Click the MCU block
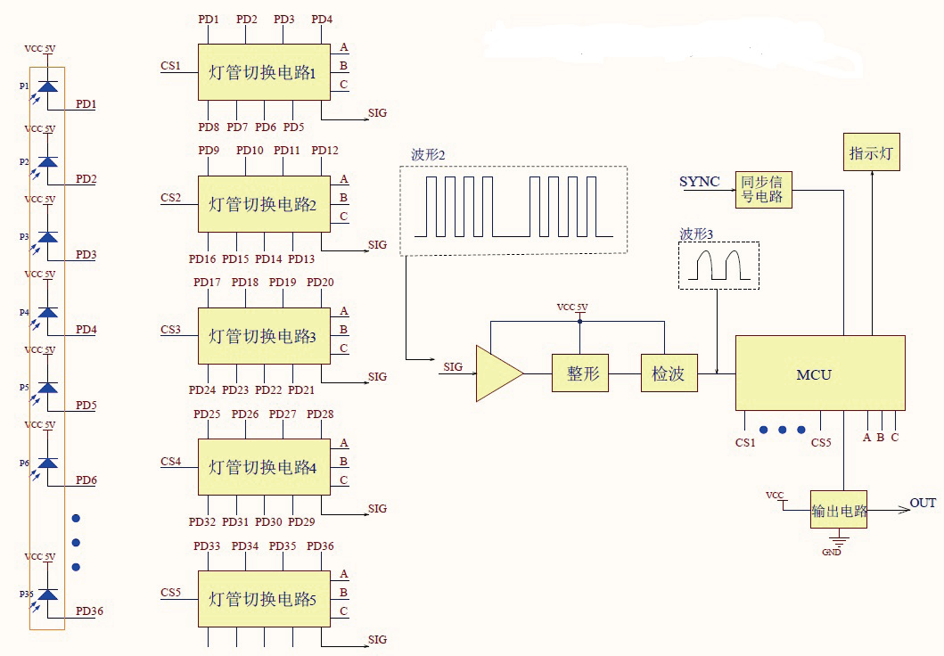point(820,373)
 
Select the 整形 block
point(581,373)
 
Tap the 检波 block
point(668,373)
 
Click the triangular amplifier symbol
point(497,373)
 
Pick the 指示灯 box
point(871,152)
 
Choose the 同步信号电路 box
point(762,189)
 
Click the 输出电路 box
point(838,511)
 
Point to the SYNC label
point(700,182)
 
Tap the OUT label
point(923,504)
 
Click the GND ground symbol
point(839,540)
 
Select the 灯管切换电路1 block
point(263,72)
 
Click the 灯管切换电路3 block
point(263,336)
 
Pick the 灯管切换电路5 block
point(263,599)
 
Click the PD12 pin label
point(324,151)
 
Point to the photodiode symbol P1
point(47,86)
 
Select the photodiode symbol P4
point(47,312)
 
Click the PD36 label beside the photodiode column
point(89,611)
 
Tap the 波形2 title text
point(428,154)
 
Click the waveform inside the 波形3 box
point(718,266)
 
